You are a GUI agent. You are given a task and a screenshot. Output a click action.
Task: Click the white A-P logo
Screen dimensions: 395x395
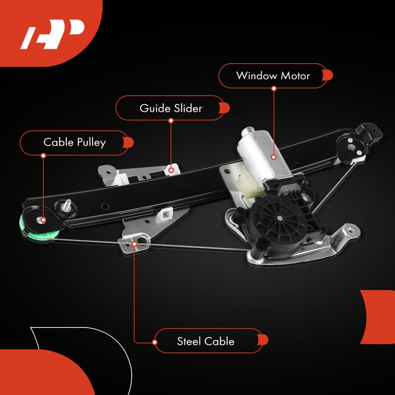(52, 34)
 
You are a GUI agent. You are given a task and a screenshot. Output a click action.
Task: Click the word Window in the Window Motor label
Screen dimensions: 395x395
(256, 76)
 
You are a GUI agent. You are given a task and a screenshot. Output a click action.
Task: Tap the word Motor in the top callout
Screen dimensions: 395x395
(295, 76)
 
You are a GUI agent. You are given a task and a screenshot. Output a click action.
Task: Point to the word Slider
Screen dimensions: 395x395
(188, 108)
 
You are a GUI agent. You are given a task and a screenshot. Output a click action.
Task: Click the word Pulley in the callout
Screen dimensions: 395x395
(91, 143)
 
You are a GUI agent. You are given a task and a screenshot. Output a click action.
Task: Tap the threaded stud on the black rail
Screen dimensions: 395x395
(66, 205)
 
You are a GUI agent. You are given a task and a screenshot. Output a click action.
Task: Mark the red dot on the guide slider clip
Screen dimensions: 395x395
(171, 170)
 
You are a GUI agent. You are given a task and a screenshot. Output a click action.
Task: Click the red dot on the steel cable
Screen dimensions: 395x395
(135, 244)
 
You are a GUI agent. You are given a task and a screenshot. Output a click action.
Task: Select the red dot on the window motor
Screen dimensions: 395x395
(274, 157)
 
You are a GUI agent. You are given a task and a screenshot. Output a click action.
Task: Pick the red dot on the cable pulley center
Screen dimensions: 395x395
(43, 220)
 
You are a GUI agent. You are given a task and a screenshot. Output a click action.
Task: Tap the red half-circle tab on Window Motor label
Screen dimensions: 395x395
(328, 75)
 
